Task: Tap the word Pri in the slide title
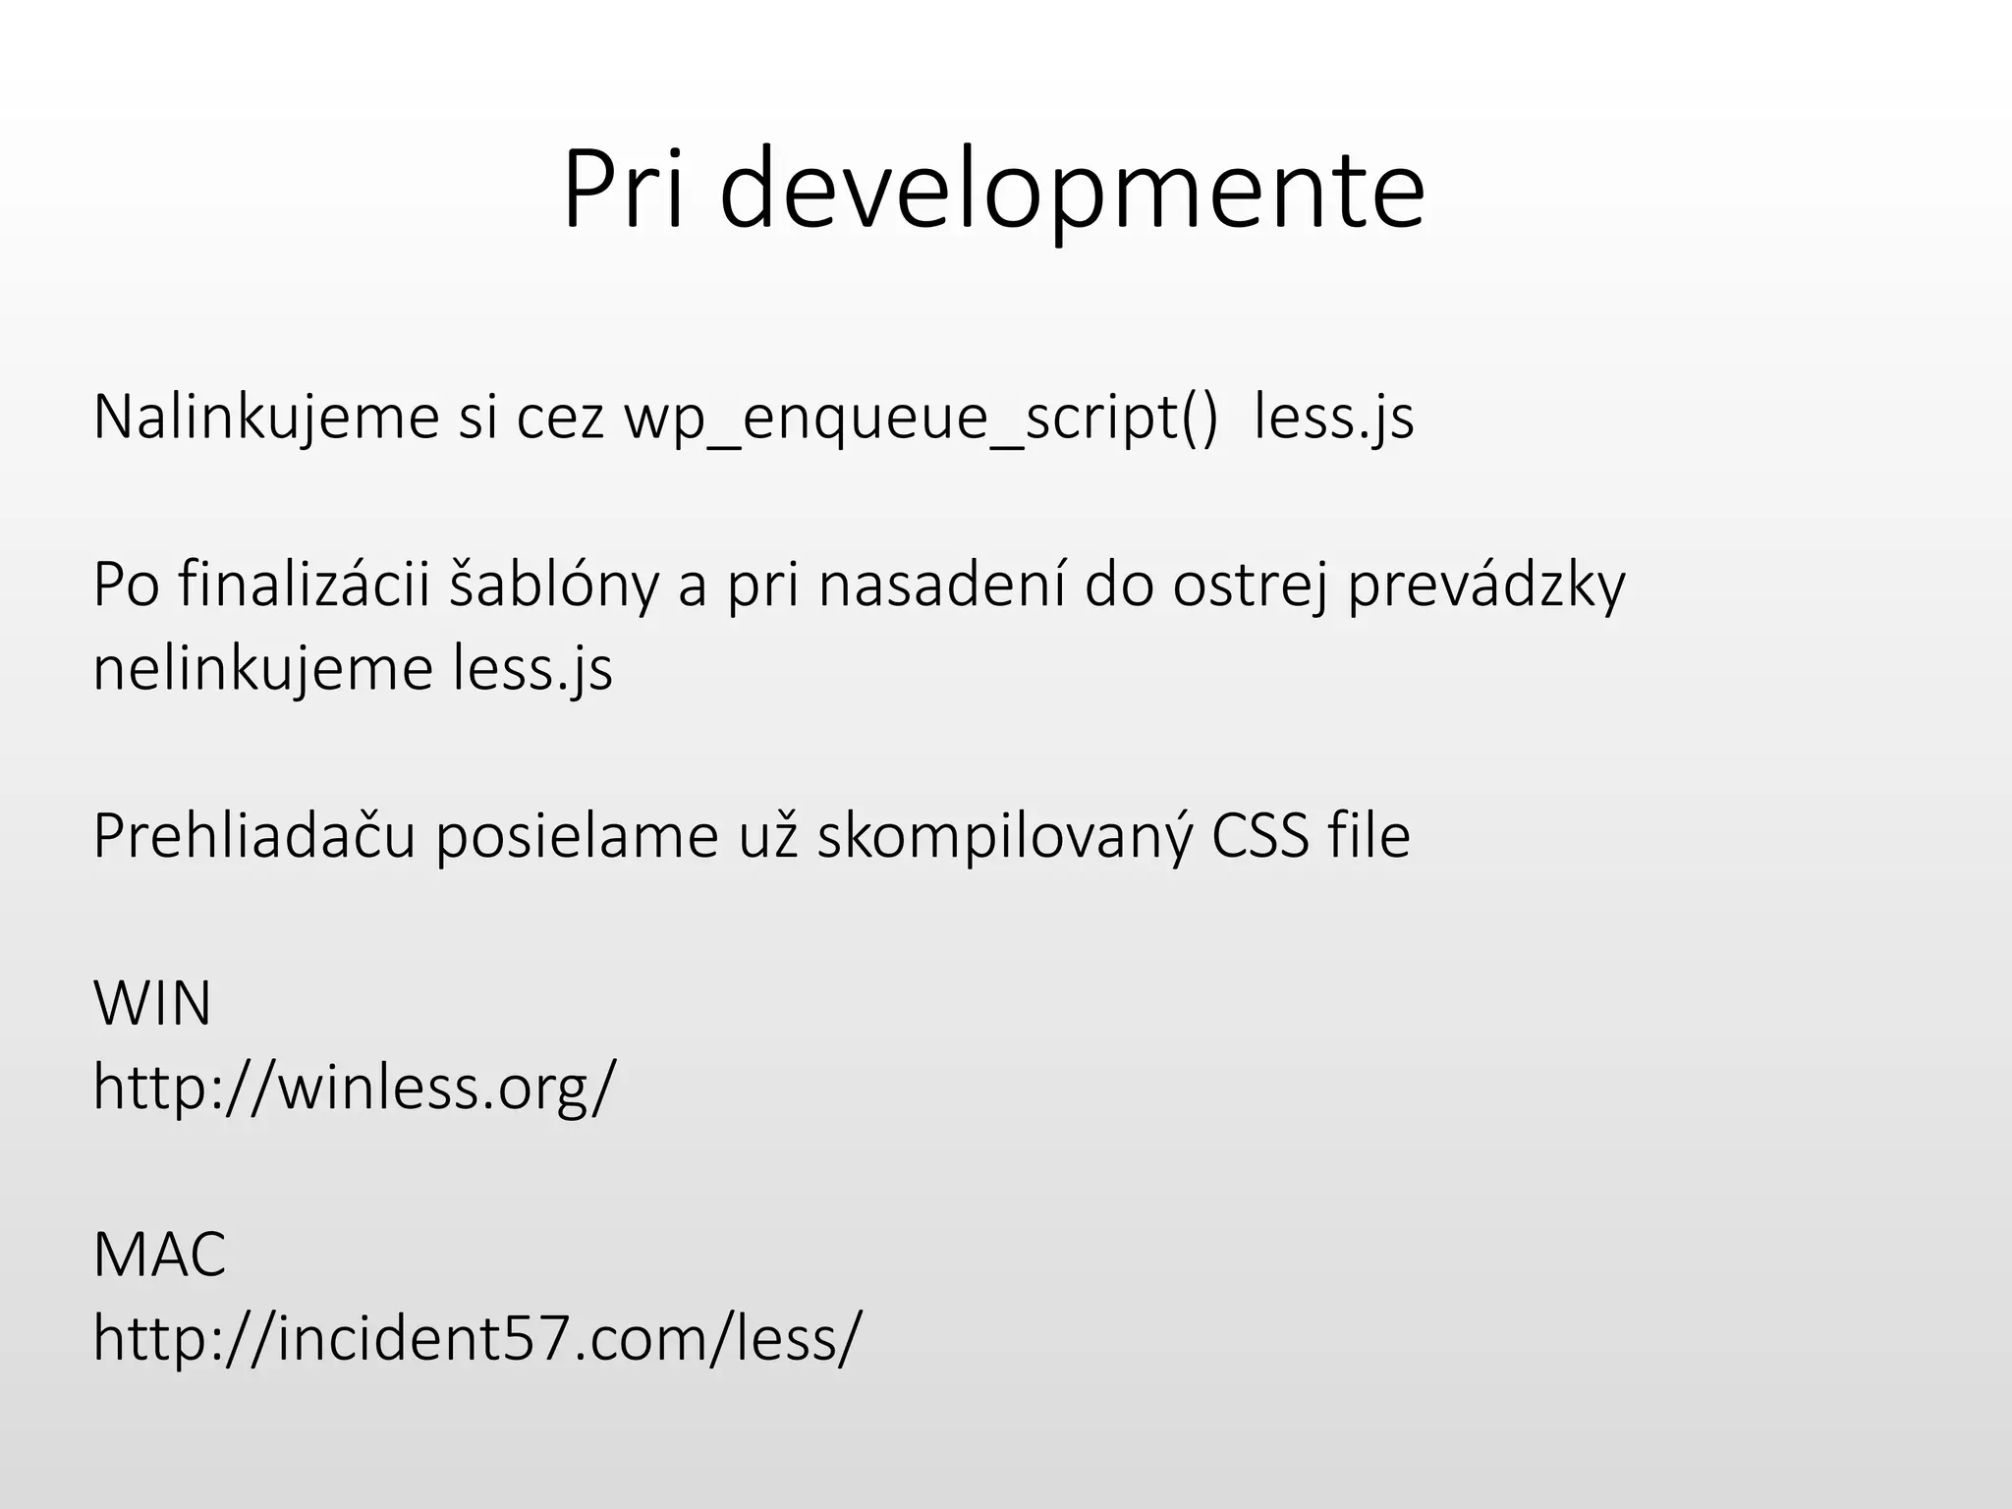(622, 189)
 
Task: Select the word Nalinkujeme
(266, 418)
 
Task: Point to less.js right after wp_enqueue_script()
(1333, 418)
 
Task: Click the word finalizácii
(306, 586)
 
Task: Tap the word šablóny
(554, 586)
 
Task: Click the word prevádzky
(1486, 586)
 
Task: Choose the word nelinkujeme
(263, 669)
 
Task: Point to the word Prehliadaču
(254, 837)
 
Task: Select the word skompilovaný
(1005, 837)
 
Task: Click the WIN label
(152, 1004)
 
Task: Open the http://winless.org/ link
(355, 1088)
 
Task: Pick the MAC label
(159, 1255)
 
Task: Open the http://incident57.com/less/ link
(477, 1338)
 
